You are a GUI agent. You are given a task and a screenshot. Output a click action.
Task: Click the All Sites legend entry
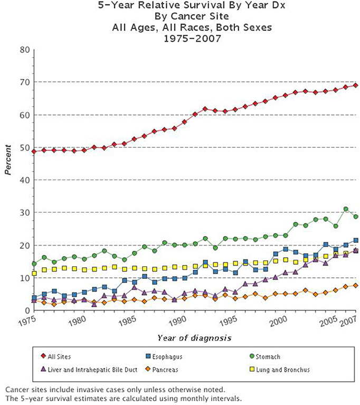59,357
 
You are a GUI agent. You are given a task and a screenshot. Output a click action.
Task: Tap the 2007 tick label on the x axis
348,321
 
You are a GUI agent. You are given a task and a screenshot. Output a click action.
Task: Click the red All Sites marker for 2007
356,85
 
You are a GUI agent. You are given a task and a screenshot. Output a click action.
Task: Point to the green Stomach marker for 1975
34,263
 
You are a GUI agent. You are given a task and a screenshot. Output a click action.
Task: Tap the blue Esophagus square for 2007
356,240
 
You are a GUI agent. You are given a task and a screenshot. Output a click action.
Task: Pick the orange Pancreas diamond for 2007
356,285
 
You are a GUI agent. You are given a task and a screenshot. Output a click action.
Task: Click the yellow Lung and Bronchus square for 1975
34,274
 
